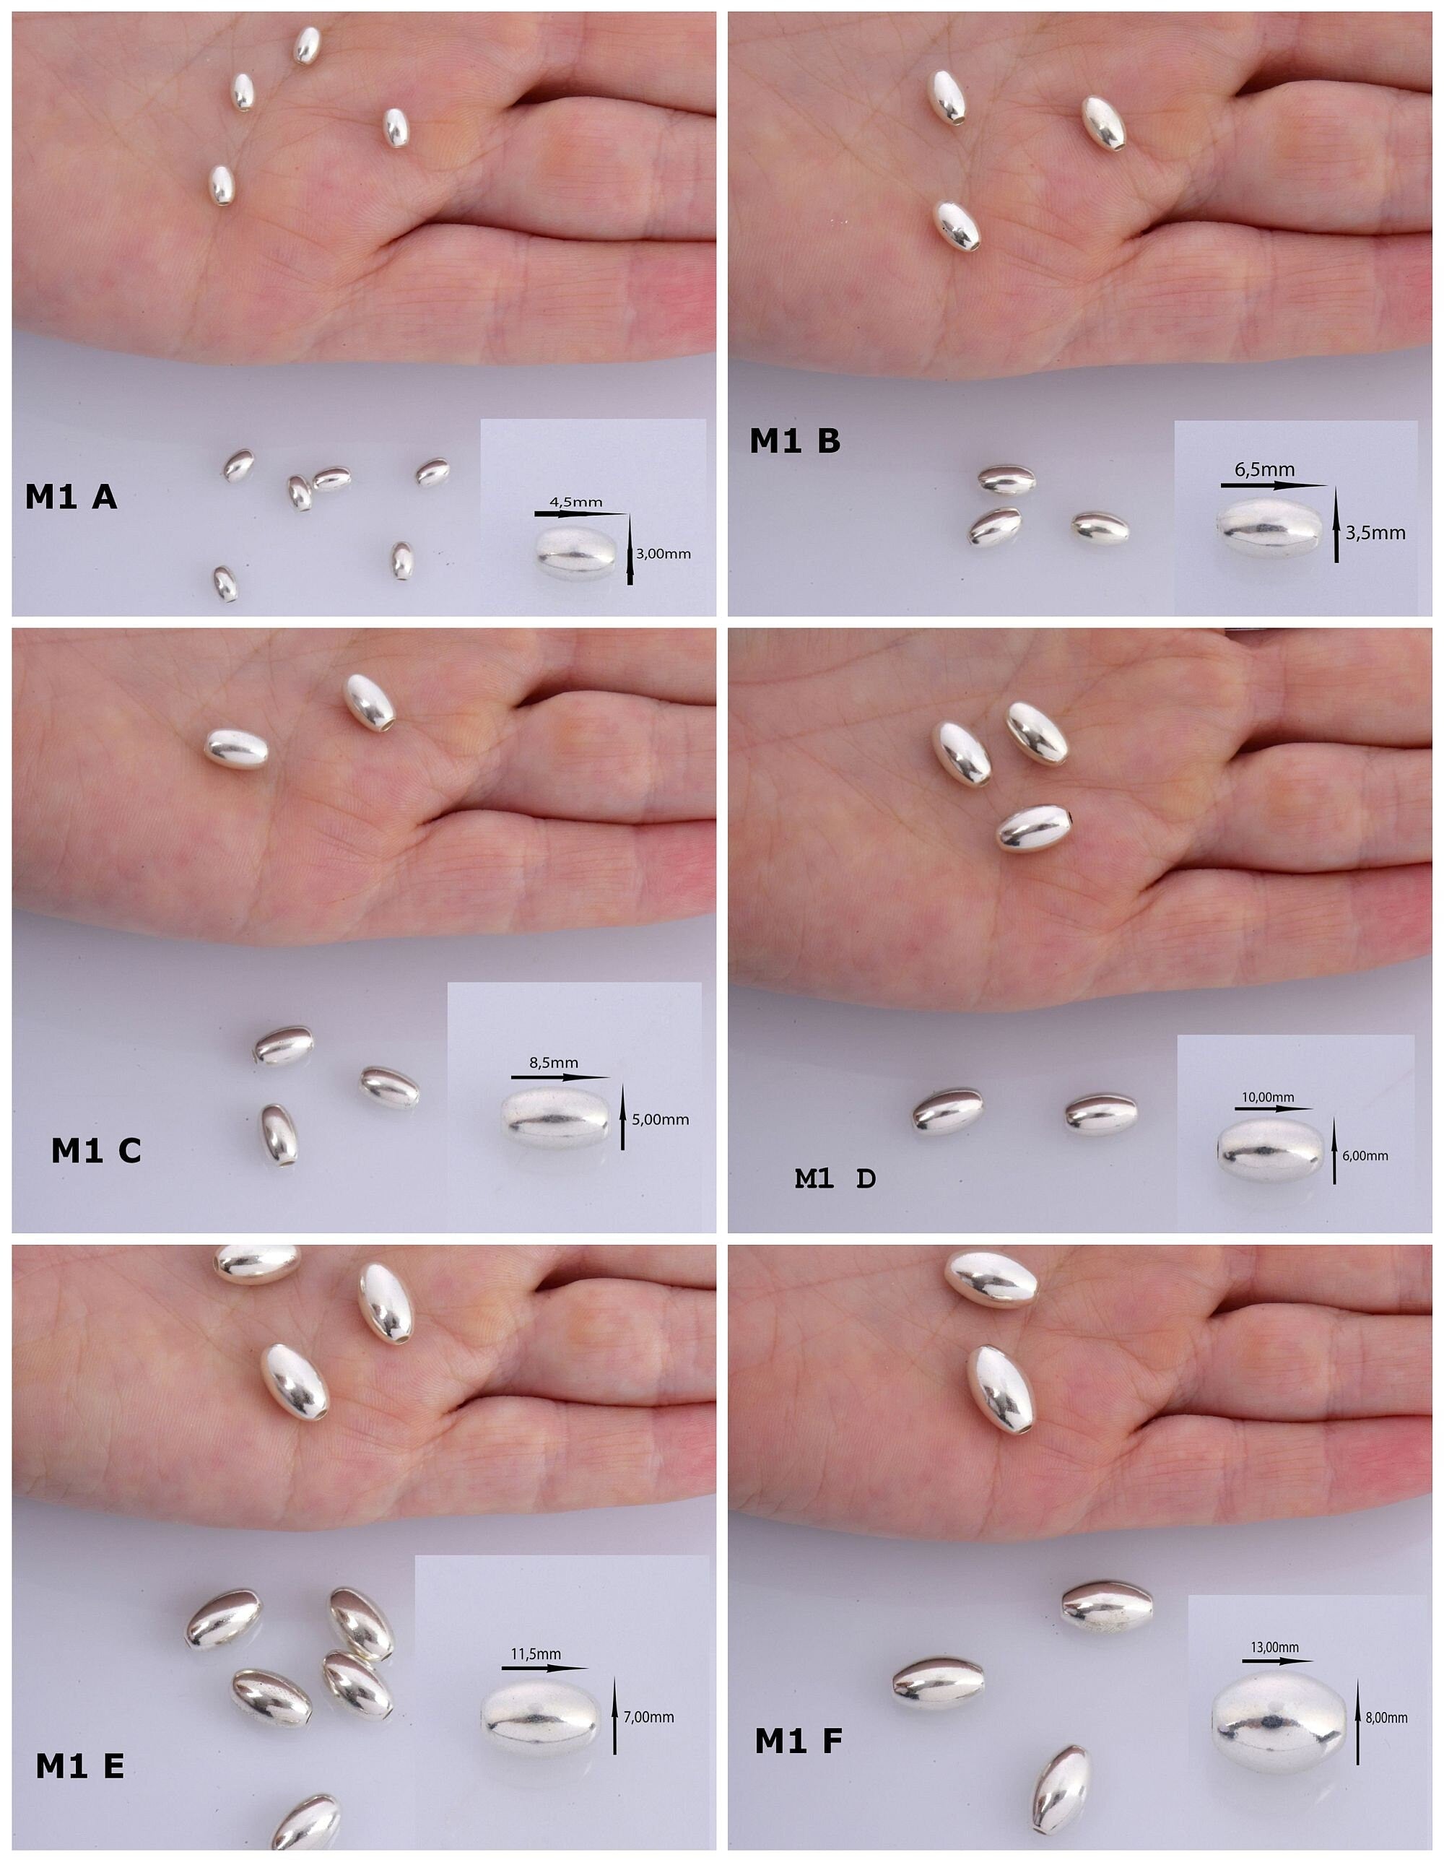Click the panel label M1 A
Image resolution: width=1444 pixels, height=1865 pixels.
click(x=71, y=497)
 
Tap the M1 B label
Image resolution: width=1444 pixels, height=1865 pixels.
click(x=795, y=440)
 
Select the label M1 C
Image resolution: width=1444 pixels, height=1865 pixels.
click(x=97, y=1151)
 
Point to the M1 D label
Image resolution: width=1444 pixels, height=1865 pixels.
click(x=835, y=1178)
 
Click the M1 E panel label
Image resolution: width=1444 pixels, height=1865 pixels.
click(x=80, y=1766)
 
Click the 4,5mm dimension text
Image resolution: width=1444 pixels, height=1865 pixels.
click(x=575, y=502)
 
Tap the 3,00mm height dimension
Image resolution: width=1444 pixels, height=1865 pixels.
click(x=664, y=555)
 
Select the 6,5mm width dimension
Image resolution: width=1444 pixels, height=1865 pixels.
click(x=1265, y=469)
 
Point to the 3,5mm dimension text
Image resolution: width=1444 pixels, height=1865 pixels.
click(x=1375, y=534)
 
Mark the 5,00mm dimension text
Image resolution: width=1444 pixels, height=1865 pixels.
click(x=660, y=1120)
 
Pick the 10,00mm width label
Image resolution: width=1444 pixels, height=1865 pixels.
click(x=1268, y=1097)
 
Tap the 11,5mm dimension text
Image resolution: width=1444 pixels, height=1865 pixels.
click(x=536, y=1654)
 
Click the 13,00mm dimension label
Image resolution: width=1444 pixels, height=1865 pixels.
click(x=1275, y=1647)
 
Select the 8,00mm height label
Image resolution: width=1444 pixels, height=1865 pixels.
click(x=1386, y=1717)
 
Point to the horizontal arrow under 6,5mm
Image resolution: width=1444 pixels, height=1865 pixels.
click(x=1274, y=485)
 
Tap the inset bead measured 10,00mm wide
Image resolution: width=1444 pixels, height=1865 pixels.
click(x=1270, y=1151)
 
